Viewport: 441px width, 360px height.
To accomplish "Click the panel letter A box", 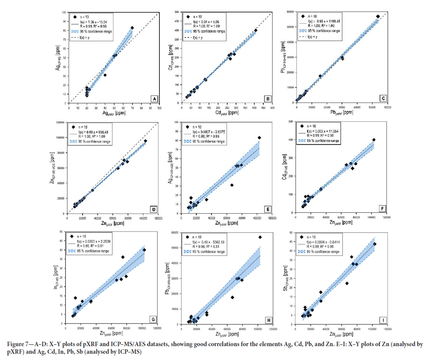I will coord(154,99).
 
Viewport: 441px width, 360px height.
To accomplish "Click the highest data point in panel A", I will coord(132,28).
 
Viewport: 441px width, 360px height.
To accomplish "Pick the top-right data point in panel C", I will coord(378,17).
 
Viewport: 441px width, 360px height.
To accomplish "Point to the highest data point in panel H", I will coord(260,237).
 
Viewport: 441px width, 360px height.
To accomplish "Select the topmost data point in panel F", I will coord(374,140).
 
